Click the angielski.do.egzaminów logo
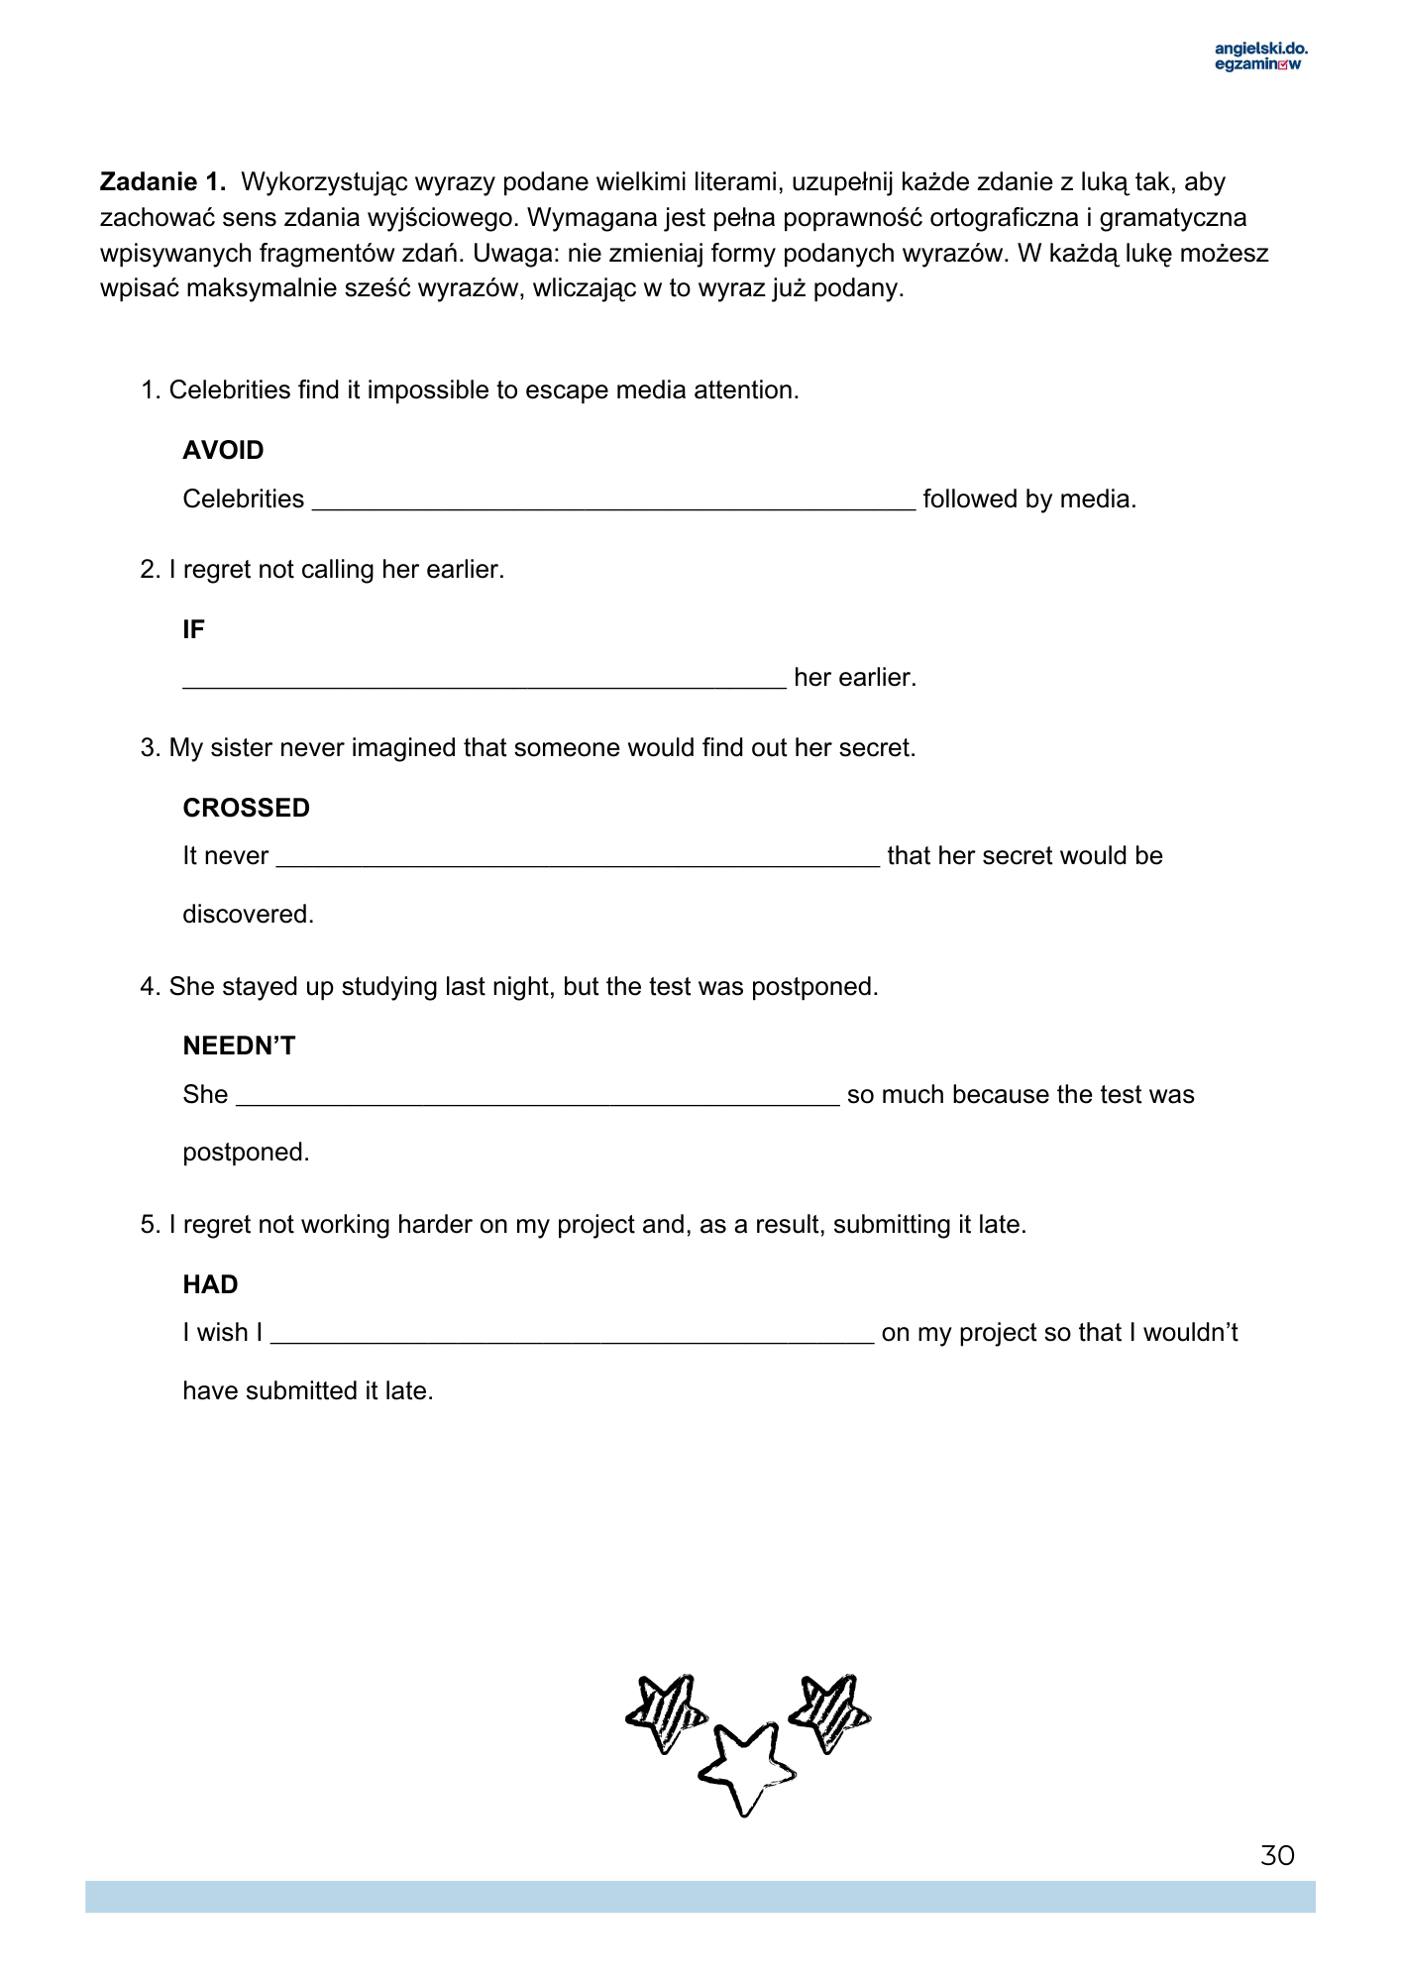coord(1260,56)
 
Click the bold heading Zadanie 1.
coord(162,182)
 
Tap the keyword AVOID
coord(223,451)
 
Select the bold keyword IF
coord(193,630)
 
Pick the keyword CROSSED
coord(246,809)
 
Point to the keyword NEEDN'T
coord(239,1046)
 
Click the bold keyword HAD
coord(210,1285)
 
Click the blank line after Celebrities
coord(613,503)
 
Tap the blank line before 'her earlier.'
coord(484,682)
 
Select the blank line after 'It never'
coord(578,860)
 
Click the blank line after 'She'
coord(537,1099)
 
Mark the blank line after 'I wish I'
coord(572,1337)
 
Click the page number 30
coord(1277,1856)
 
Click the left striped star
coord(666,1712)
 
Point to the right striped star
coord(830,1712)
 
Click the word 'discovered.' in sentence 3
coord(248,915)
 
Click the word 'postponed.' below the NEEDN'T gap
coord(246,1153)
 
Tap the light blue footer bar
coord(700,1897)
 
